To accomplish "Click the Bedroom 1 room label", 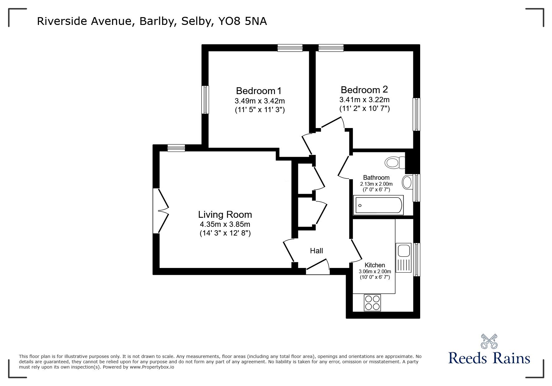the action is (x=259, y=91).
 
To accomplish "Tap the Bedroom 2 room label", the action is (x=364, y=90).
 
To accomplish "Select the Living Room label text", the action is (x=225, y=215).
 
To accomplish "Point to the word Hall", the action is (x=316, y=250).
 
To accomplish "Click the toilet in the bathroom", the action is (x=395, y=162).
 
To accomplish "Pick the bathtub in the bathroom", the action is (x=378, y=205).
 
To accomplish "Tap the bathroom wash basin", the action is (x=407, y=182).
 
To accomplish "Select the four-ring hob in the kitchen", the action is (x=372, y=302).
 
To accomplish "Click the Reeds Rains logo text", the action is (x=489, y=358).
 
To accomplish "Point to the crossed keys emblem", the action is (x=489, y=341).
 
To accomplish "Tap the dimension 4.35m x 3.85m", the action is (x=225, y=224).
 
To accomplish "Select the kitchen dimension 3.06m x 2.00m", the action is (x=375, y=271).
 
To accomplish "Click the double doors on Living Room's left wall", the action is (x=161, y=210).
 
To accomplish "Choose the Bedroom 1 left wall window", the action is (x=205, y=100).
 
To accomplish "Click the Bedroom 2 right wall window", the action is (x=416, y=114).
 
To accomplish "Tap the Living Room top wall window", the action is (x=176, y=148).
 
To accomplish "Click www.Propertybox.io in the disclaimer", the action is (x=152, y=367).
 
